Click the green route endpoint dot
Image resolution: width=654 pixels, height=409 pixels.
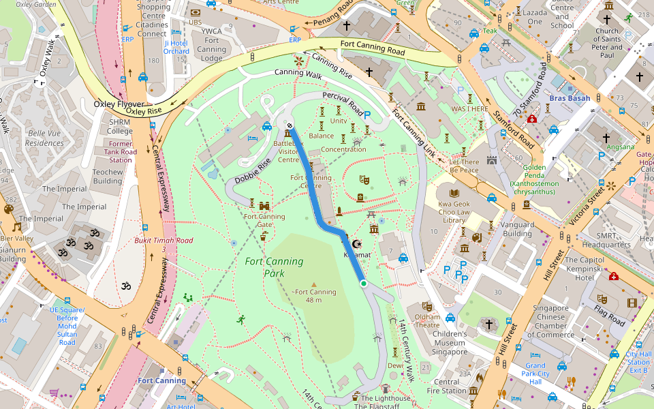pyautogui.click(x=364, y=284)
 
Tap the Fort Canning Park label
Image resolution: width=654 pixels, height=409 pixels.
pyautogui.click(x=274, y=267)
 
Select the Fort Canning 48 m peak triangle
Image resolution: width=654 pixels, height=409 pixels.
pyautogui.click(x=313, y=284)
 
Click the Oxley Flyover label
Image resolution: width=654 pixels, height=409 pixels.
pyautogui.click(x=119, y=104)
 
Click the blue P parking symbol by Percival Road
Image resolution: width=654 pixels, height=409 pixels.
pyautogui.click(x=367, y=116)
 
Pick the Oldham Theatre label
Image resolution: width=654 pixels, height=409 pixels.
pyautogui.click(x=427, y=320)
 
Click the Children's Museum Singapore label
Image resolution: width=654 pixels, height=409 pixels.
pyautogui.click(x=450, y=343)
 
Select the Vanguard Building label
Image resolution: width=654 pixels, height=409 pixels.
pyautogui.click(x=517, y=229)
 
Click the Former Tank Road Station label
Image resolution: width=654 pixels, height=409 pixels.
pyautogui.click(x=121, y=152)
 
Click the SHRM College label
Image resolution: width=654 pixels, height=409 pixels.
pyautogui.click(x=120, y=126)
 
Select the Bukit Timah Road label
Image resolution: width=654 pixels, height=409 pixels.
pyautogui.click(x=163, y=245)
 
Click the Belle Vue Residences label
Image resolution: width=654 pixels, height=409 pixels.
pyautogui.click(x=45, y=138)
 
